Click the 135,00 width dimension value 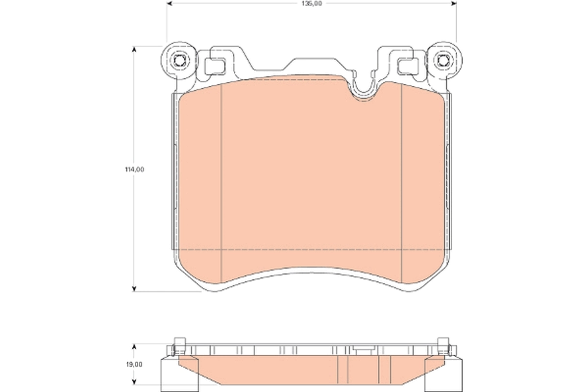click(311, 3)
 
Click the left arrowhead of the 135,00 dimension click(170, 3)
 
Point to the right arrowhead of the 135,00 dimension click(453, 3)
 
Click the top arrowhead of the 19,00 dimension click(134, 346)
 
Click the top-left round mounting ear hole click(179, 61)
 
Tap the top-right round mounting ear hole click(443, 61)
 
